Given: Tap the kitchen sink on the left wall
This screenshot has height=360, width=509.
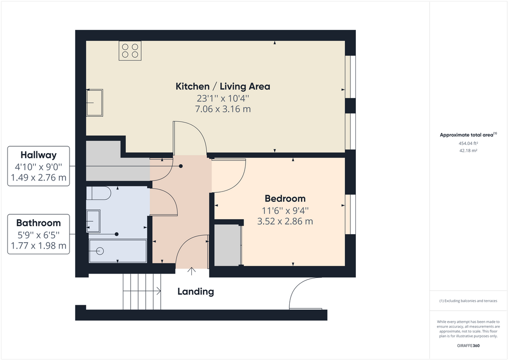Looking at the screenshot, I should pyautogui.click(x=94, y=103).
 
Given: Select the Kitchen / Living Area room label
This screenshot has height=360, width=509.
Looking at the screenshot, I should pyautogui.click(x=223, y=87).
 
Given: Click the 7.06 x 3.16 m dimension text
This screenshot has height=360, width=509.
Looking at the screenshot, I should pyautogui.click(x=223, y=109).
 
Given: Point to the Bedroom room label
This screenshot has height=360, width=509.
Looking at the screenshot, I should pyautogui.click(x=285, y=198).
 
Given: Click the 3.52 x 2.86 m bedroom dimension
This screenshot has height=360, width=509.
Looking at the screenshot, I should pyautogui.click(x=285, y=221).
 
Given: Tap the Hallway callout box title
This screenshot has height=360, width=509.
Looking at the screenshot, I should pyautogui.click(x=38, y=155).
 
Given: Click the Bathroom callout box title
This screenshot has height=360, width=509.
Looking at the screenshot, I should pyautogui.click(x=38, y=223).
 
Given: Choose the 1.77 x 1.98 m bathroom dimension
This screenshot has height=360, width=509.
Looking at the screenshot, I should pyautogui.click(x=38, y=246).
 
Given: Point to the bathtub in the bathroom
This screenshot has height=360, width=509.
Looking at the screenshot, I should pyautogui.click(x=117, y=251).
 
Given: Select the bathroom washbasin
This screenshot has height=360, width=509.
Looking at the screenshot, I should pyautogui.click(x=93, y=221).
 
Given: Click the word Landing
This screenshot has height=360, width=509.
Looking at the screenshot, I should pyautogui.click(x=196, y=292).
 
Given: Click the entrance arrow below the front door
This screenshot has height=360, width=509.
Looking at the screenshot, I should pyautogui.click(x=192, y=271).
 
